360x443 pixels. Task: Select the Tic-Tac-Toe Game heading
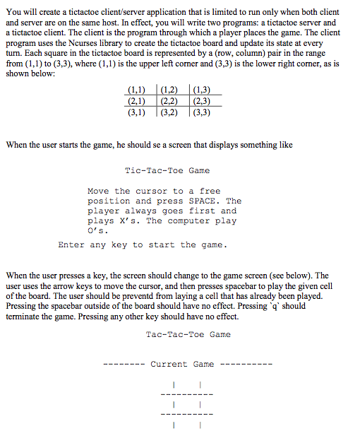click(x=167, y=170)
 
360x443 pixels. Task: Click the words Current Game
click(x=182, y=365)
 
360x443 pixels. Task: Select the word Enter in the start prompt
click(x=71, y=245)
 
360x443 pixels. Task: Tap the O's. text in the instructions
click(x=97, y=230)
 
